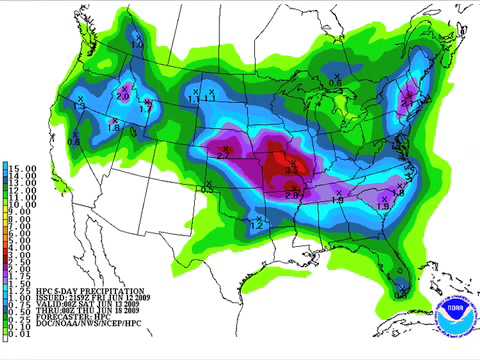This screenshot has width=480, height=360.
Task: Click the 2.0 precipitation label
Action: (124, 96)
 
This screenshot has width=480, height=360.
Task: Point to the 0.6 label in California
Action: (74, 143)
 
